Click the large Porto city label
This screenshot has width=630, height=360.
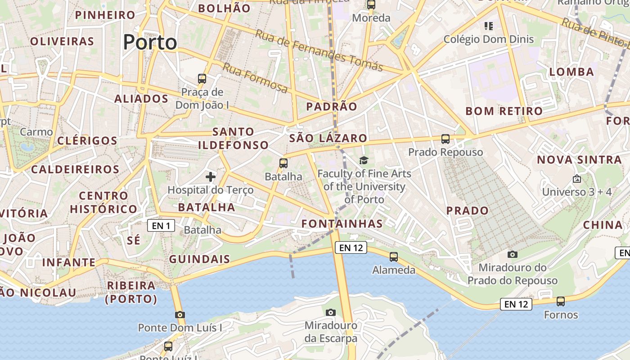[150, 42]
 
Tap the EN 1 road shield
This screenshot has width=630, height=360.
[161, 225]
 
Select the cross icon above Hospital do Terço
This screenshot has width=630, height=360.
[211, 177]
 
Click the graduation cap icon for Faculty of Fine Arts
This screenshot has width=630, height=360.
[364, 160]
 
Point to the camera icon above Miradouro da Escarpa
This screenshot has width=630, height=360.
[331, 312]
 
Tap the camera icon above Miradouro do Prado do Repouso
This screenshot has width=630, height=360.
[512, 255]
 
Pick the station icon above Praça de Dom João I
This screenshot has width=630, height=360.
[202, 79]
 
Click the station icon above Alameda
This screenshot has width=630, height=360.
[394, 257]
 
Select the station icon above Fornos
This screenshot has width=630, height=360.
[561, 301]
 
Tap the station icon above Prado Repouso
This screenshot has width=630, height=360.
[445, 139]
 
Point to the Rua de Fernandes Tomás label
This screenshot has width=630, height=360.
[319, 50]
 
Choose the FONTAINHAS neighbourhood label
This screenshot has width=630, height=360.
[342, 224]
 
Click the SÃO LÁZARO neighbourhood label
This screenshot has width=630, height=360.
[328, 138]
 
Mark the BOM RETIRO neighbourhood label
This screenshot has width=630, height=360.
[504, 111]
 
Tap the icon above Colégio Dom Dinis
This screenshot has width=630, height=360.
[489, 26]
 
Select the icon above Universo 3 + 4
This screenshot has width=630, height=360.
[577, 179]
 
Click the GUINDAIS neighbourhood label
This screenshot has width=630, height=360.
[199, 259]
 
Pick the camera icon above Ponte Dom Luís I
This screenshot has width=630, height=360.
[180, 315]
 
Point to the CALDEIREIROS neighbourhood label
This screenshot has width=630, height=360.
[75, 170]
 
